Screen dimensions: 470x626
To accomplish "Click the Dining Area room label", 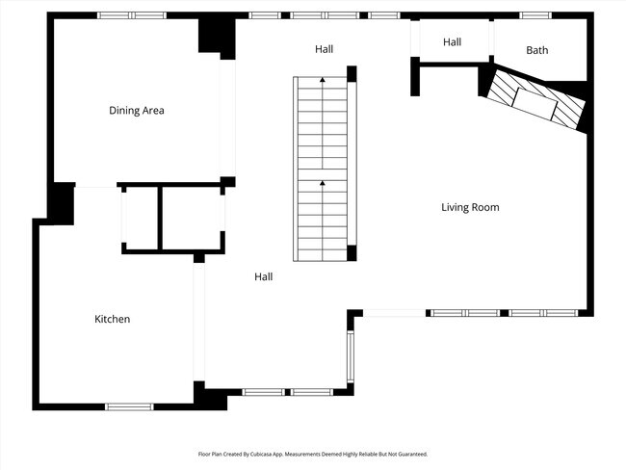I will (x=136, y=111).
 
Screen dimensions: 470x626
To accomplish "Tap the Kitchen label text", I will (x=112, y=319).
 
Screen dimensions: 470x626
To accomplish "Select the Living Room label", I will (x=470, y=207).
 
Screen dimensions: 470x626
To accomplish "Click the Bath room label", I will (x=537, y=50).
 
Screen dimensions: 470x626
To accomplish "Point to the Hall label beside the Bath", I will (x=453, y=42).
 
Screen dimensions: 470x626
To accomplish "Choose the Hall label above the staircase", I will (x=325, y=49).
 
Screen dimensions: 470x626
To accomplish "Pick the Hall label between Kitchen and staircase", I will (x=263, y=276).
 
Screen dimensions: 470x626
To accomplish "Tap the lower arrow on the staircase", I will (x=323, y=183).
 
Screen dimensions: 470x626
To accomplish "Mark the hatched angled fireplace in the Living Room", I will (x=535, y=102).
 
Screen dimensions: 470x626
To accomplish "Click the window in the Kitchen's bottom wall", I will (x=129, y=406).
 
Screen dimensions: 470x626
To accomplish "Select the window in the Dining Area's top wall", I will (x=132, y=15).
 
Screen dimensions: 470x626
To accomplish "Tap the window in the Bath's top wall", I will (x=535, y=15).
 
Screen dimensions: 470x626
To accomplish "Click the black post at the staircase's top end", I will (x=352, y=73).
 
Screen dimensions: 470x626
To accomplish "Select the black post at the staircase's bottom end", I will (x=352, y=253).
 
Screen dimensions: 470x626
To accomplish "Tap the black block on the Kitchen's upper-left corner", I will (x=61, y=203).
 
